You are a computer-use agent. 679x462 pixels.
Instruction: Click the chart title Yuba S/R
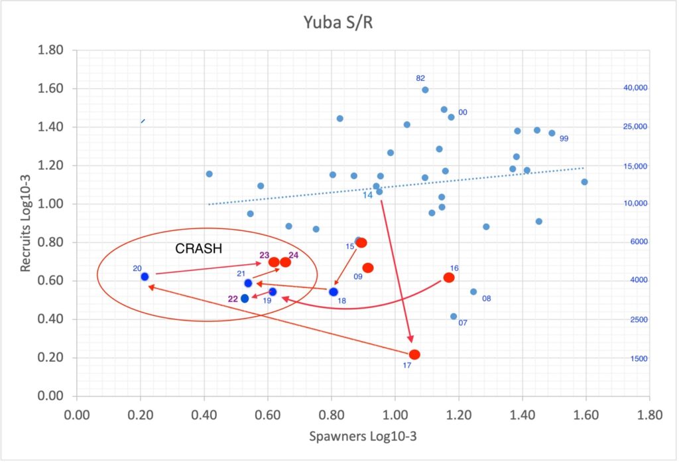click(x=339, y=23)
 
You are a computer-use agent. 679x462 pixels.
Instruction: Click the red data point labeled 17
click(x=414, y=354)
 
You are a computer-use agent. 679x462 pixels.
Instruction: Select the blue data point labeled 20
click(x=145, y=276)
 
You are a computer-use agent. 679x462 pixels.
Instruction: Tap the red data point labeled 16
click(x=449, y=277)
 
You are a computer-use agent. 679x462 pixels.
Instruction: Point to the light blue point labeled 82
click(x=425, y=90)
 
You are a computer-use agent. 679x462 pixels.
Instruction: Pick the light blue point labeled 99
click(x=552, y=133)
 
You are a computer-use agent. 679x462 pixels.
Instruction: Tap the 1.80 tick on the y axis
click(x=51, y=50)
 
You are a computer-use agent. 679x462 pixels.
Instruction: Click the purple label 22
click(x=233, y=299)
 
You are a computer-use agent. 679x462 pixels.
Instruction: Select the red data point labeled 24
click(x=285, y=262)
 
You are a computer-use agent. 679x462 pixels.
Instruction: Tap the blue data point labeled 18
click(x=334, y=292)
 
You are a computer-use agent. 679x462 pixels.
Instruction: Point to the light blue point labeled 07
click(x=454, y=317)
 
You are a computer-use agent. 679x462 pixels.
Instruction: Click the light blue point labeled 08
click(x=473, y=291)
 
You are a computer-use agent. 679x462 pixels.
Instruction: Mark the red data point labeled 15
click(x=361, y=243)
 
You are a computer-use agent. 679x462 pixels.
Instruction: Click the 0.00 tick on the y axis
click(x=51, y=396)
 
